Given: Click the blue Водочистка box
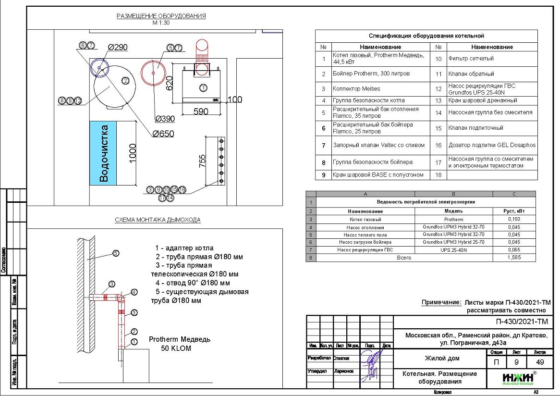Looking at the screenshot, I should pyautogui.click(x=103, y=153).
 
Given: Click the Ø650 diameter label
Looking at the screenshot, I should pyautogui.click(x=163, y=134).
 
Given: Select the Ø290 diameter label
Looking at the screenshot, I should pyautogui.click(x=117, y=47).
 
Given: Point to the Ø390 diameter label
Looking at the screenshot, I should pyautogui.click(x=164, y=119).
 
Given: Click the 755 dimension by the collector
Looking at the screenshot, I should pyautogui.click(x=202, y=161).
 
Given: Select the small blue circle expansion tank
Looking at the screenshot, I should pyautogui.click(x=99, y=68).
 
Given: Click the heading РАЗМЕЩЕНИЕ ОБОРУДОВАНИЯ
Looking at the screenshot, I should pyautogui.click(x=161, y=16).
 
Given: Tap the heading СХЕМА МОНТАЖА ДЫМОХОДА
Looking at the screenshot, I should pyautogui.click(x=158, y=220).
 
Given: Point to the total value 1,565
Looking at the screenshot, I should pyautogui.click(x=514, y=258).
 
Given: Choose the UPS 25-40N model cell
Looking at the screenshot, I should pyautogui.click(x=453, y=250).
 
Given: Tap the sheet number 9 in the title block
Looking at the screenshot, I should pyautogui.click(x=515, y=362).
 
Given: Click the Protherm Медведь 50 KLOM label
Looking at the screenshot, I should pyautogui.click(x=179, y=344).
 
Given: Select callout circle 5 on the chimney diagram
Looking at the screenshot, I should pyautogui.click(x=116, y=253).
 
